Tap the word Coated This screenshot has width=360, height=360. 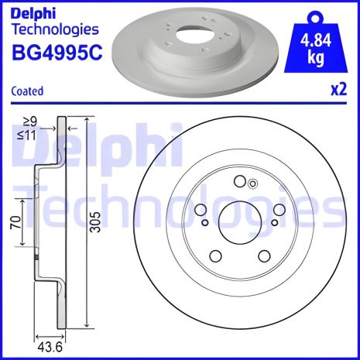pos(28,91)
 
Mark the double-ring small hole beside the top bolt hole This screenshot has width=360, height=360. pos(252,183)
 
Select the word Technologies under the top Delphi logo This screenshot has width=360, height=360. pos(56,30)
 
